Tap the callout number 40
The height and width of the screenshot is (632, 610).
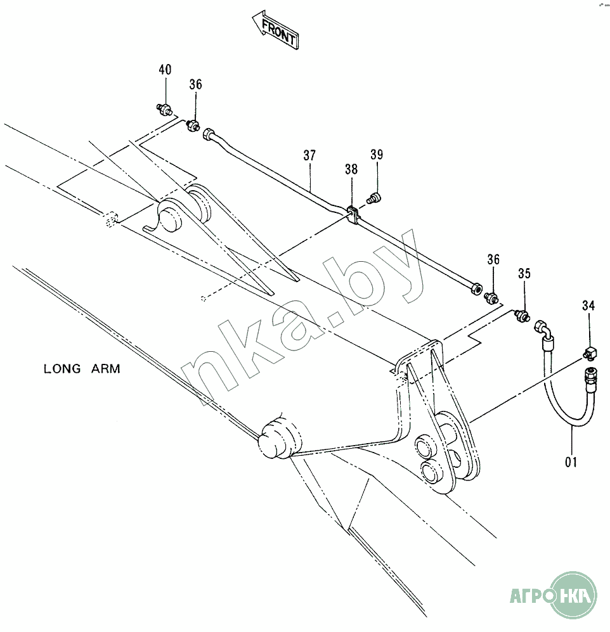165,70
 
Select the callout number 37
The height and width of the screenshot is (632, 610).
309,155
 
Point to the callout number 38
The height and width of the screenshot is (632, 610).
351,170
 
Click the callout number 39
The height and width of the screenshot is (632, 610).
377,155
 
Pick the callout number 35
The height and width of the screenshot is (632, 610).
524,274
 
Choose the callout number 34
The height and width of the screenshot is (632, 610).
589,307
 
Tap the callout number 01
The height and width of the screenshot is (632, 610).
571,462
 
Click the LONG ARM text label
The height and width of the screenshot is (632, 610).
82,369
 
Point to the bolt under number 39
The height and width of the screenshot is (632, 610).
375,198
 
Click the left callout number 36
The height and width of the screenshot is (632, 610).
195,85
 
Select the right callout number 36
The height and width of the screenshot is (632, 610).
493,259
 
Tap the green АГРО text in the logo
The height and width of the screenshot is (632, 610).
529,596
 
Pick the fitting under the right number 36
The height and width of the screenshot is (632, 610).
491,297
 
